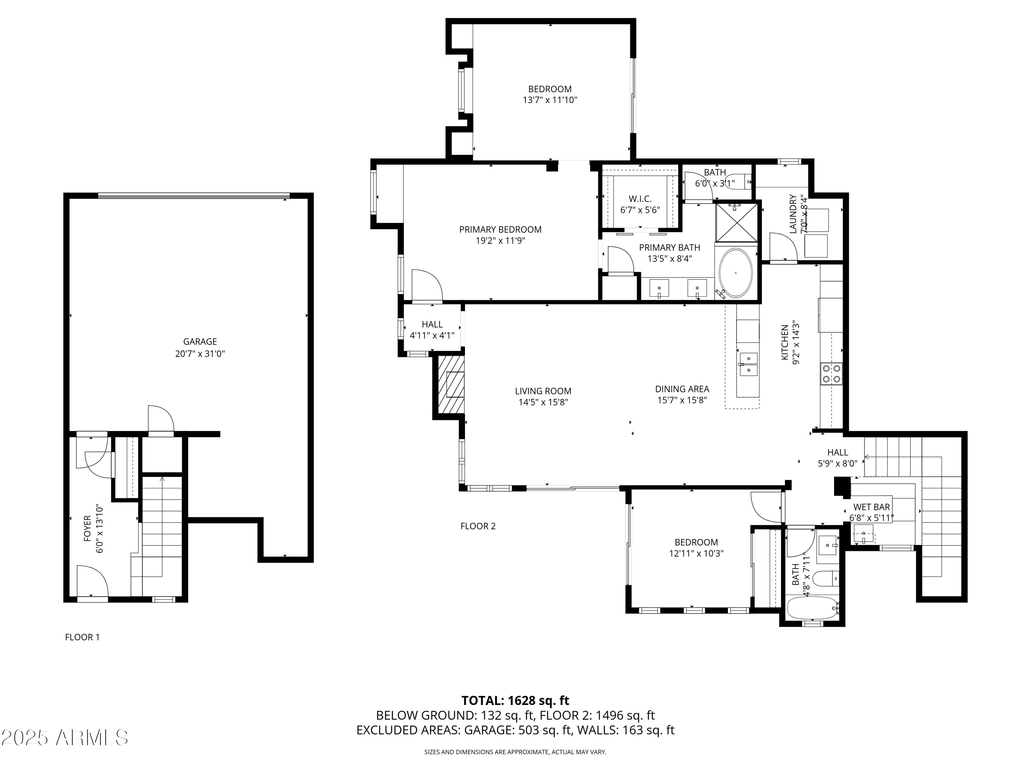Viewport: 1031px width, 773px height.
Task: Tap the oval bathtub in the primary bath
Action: pos(735,273)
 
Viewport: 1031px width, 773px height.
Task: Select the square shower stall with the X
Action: pos(736,222)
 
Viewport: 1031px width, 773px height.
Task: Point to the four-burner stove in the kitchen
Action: pos(832,373)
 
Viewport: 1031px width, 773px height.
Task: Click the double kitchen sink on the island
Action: pos(748,365)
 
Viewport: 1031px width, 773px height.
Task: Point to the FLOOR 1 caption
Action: pos(82,637)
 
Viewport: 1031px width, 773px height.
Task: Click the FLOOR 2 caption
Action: pos(478,526)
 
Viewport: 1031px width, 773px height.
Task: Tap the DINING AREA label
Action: pos(682,389)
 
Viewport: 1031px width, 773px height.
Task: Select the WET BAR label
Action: pos(871,507)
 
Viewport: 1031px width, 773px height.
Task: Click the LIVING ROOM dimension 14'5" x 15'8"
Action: pos(543,402)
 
